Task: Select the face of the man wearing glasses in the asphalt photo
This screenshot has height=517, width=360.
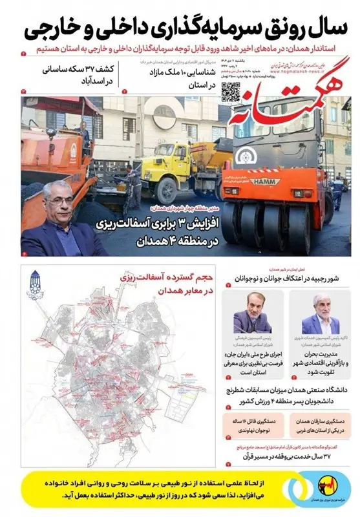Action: tap(59, 202)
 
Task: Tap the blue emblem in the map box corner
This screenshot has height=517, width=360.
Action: tap(34, 283)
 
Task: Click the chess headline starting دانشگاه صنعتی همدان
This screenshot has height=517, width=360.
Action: tap(288, 396)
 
